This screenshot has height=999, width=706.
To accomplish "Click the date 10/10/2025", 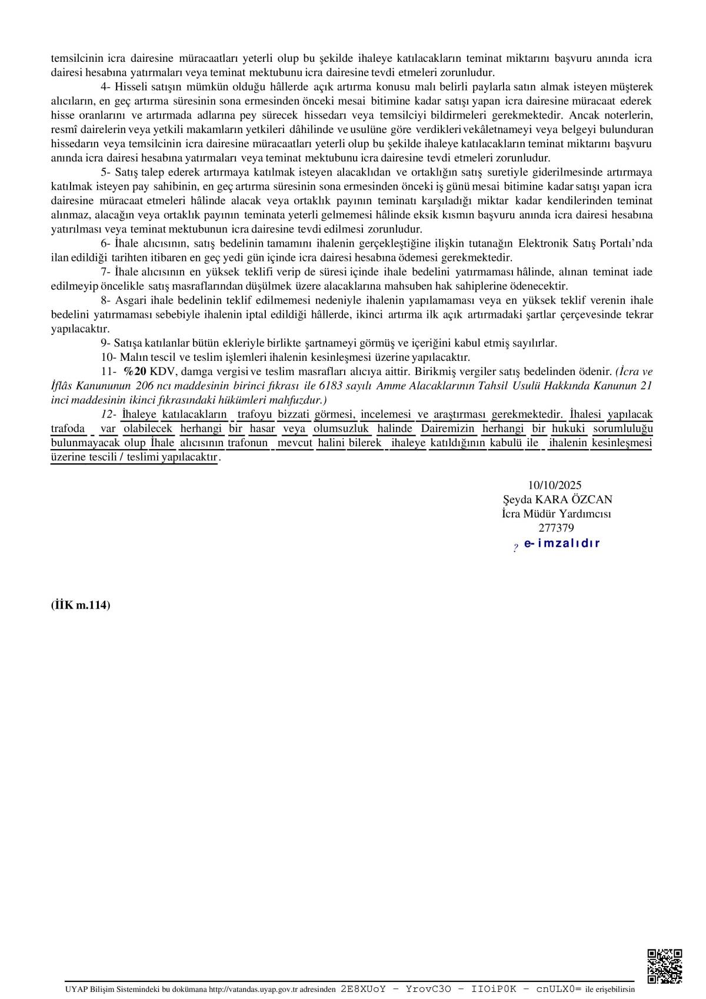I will [554, 485].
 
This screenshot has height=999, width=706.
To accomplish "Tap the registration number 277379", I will [556, 528].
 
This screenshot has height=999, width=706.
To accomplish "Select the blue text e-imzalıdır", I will [561, 543].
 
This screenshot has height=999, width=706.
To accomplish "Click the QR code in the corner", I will [664, 964].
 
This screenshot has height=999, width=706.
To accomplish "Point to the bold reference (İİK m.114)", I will [81, 605].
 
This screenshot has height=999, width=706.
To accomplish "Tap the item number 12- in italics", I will [108, 414].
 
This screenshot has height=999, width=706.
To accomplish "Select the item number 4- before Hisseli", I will [106, 87].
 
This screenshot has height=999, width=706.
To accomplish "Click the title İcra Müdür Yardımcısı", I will [556, 513].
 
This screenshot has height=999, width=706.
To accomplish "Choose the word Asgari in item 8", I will [129, 300].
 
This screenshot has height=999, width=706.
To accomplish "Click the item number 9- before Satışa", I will [106, 343].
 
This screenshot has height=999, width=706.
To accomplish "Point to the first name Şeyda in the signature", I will [518, 499].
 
